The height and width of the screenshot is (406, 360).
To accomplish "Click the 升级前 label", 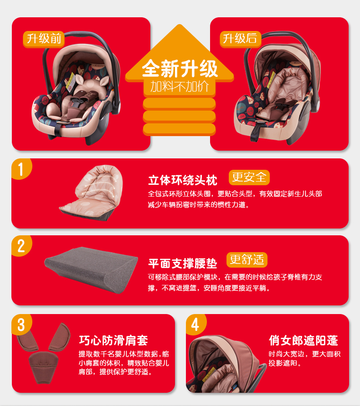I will [44, 39].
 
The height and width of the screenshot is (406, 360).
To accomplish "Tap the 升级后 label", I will [240, 39].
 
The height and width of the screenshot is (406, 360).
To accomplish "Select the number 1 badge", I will [21, 168].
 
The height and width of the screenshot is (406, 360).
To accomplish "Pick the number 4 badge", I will [195, 325].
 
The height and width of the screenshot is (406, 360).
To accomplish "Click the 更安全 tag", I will [248, 177].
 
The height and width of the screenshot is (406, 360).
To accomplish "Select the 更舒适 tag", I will [247, 260].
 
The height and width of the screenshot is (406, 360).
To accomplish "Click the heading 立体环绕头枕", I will [183, 180].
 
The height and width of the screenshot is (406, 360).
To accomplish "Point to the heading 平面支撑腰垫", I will [183, 263].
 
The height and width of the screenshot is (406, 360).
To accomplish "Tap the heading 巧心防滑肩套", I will [113, 340].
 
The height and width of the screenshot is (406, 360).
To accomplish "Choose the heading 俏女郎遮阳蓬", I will [303, 340].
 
